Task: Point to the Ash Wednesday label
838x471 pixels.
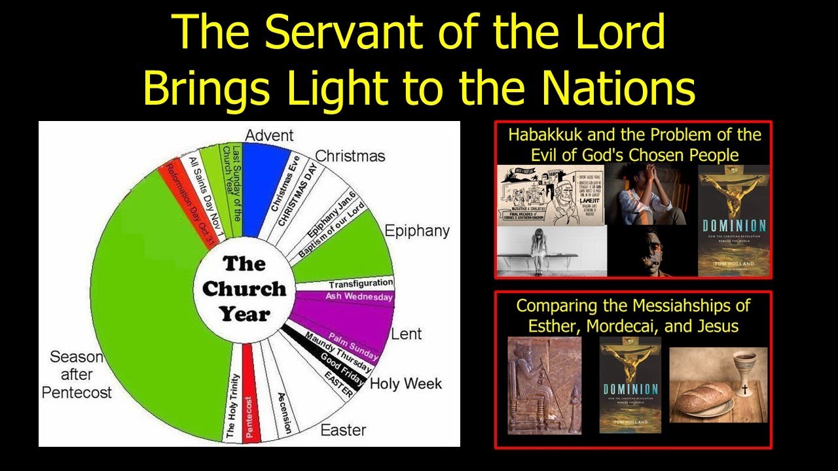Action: coord(359,297)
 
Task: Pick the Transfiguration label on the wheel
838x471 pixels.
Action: coord(361,284)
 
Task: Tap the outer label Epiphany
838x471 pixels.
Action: coord(416,231)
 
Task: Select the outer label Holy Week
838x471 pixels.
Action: coord(406,383)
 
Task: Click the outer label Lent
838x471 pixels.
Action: coord(407,334)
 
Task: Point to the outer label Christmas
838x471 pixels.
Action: coord(350,156)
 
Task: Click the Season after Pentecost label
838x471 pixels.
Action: coord(77,375)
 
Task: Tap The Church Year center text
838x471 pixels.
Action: coord(244,288)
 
